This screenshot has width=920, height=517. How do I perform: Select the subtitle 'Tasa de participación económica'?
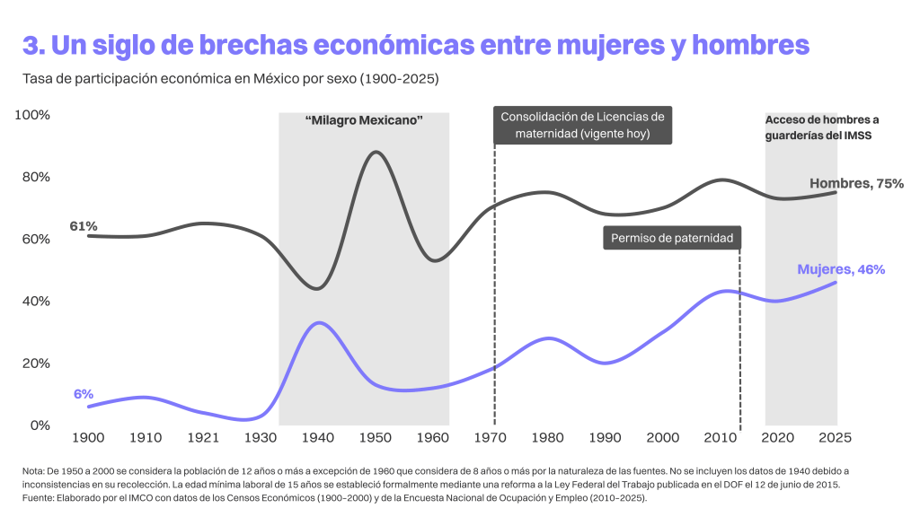[x=230, y=80]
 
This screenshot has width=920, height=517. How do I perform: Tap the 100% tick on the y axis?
[x=34, y=116]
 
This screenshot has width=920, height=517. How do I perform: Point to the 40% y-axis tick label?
[x=36, y=302]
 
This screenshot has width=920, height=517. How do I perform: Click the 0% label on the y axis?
[x=40, y=425]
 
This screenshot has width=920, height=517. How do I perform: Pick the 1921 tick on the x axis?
[x=204, y=438]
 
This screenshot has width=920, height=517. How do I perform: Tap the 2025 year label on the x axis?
[x=836, y=438]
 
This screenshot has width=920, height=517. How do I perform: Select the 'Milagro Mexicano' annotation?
[x=364, y=119]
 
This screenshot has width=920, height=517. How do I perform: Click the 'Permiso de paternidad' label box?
[x=672, y=238]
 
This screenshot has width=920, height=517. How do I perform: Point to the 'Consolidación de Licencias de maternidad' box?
[x=582, y=126]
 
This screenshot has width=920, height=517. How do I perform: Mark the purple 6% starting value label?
[x=84, y=394]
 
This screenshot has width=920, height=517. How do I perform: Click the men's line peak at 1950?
[x=375, y=152]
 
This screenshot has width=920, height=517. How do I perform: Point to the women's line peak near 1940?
[x=317, y=322]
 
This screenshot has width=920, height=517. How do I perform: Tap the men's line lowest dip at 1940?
[x=316, y=289]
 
